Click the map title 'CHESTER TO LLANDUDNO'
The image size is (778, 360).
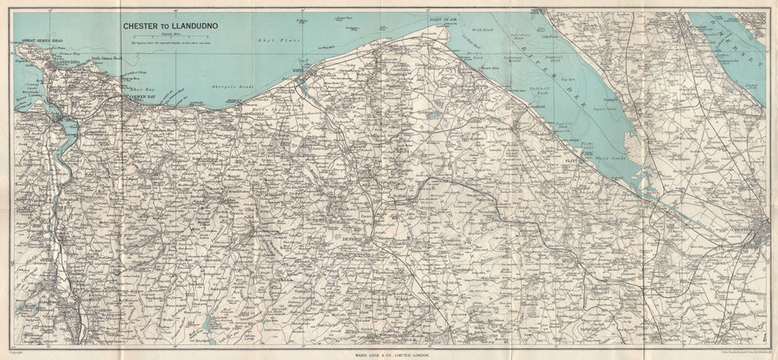tap(170, 25)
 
